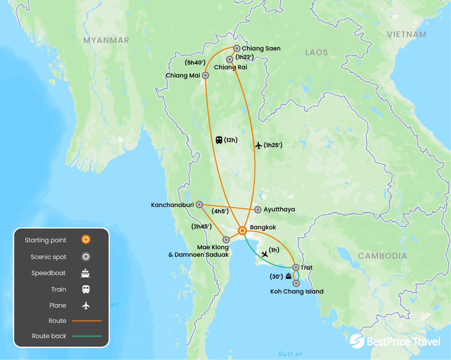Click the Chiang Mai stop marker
pyautogui.click(x=205, y=75)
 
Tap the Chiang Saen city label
pyautogui.click(x=261, y=49)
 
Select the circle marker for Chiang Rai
pyautogui.click(x=230, y=59)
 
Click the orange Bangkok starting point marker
pyautogui.click(x=242, y=230)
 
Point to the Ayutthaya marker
pyautogui.click(x=258, y=210)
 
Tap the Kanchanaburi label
pyautogui.click(x=172, y=205)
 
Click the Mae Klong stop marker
pyautogui.click(x=226, y=239)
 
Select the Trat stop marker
pyautogui.click(x=296, y=267)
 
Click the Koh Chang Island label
pyautogui.click(x=297, y=291)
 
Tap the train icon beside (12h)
pyautogui.click(x=219, y=140)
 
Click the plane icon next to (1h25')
pyautogui.click(x=258, y=146)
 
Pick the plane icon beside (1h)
pyautogui.click(x=265, y=254)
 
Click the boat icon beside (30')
pyautogui.click(x=289, y=276)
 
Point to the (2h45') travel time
pyautogui.click(x=201, y=226)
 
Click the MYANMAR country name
pyautogui.click(x=106, y=40)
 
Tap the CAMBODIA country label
pyautogui.click(x=382, y=256)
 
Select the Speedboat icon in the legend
pyautogui.click(x=86, y=273)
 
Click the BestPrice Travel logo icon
pyautogui.click(x=357, y=341)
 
